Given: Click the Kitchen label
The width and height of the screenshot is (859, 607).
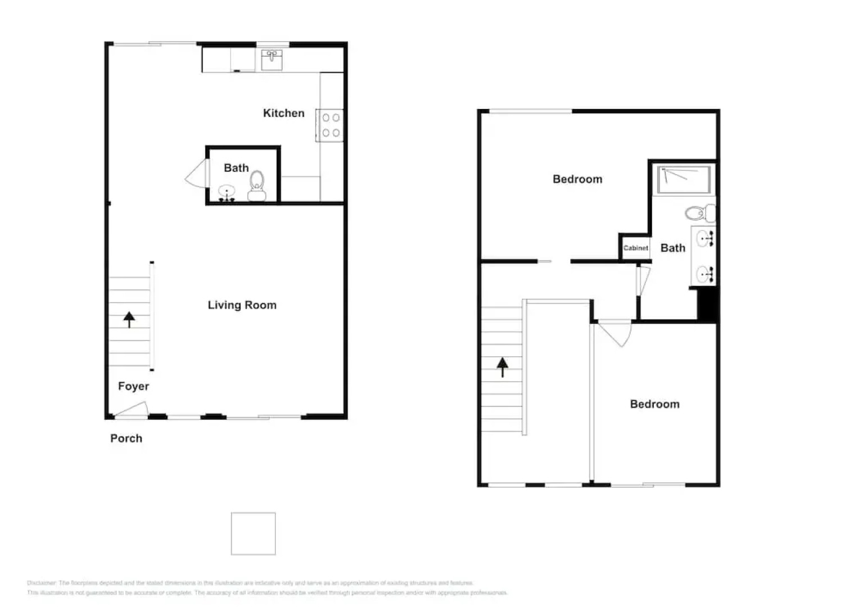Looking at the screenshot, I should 283,113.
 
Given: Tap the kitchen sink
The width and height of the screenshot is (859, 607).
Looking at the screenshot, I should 272,60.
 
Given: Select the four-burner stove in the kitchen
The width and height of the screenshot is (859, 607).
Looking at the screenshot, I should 331,125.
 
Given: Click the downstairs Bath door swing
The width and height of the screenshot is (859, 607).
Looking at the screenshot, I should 196,174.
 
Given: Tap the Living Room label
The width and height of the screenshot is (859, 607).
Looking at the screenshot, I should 242,305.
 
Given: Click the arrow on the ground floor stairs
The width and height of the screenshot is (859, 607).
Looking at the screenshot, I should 129,319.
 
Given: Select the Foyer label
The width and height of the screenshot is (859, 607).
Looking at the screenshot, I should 133,386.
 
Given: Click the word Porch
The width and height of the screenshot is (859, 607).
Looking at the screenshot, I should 126,438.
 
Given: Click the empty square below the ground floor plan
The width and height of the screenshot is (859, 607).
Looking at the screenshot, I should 253,533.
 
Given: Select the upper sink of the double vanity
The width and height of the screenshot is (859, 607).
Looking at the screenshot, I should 703,239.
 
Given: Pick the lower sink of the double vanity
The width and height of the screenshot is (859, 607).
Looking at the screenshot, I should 703,274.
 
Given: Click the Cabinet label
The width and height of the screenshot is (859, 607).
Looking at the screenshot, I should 635,248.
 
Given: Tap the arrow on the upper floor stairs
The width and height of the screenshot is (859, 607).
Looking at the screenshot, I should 502,367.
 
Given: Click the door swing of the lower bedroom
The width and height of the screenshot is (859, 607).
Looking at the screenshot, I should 616,332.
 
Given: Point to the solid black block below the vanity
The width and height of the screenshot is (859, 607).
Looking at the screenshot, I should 707,304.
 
